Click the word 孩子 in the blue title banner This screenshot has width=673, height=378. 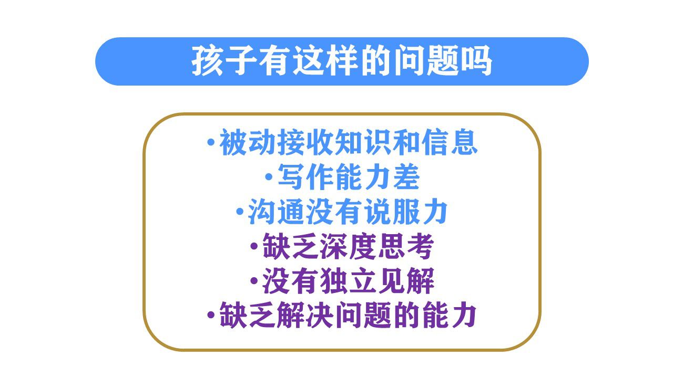coord(223,61)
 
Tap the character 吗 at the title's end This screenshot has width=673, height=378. coord(477,61)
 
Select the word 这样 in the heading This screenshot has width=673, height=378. coord(325,61)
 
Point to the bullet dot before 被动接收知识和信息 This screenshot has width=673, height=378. coord(211,142)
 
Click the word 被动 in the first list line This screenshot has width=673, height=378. coord(248,142)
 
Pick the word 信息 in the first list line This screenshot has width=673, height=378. coord(449,142)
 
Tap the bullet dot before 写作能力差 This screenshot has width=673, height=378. coord(269,177)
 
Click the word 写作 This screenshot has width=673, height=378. coord(305,177)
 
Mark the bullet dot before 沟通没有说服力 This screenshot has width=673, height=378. coord(240,212)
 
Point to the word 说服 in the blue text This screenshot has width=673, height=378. coord(392,212)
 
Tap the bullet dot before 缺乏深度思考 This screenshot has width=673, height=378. coord(254,246)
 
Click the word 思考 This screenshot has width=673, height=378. coord(406,246)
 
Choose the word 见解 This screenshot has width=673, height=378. coord(406,281)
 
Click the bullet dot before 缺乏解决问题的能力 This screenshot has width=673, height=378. coord(211,316)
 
